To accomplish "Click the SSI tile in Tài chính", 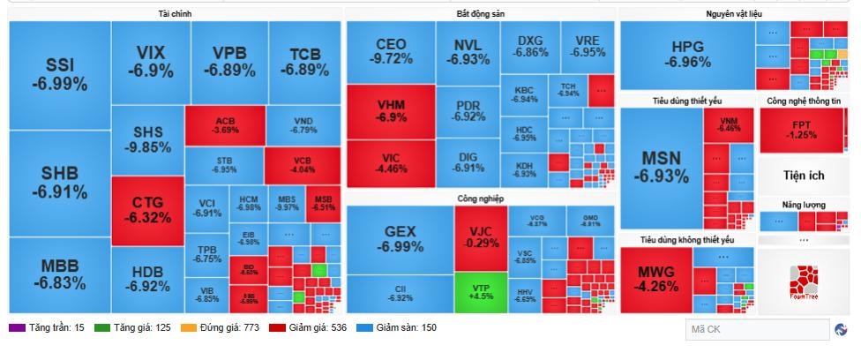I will click(x=59, y=75).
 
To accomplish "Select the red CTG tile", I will click(x=147, y=210).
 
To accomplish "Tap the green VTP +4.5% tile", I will click(x=480, y=292).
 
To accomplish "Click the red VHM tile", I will click(x=391, y=110).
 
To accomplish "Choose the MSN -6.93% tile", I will click(x=661, y=167).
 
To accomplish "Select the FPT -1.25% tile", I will click(x=802, y=130).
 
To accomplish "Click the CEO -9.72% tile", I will click(x=391, y=51).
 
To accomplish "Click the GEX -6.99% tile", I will click(x=399, y=239).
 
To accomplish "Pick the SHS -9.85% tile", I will click(x=147, y=139).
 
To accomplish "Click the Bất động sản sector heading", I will click(x=481, y=14).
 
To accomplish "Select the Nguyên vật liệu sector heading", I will click(x=733, y=14).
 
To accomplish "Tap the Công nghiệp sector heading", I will click(x=480, y=199).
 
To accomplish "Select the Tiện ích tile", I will click(x=802, y=175).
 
